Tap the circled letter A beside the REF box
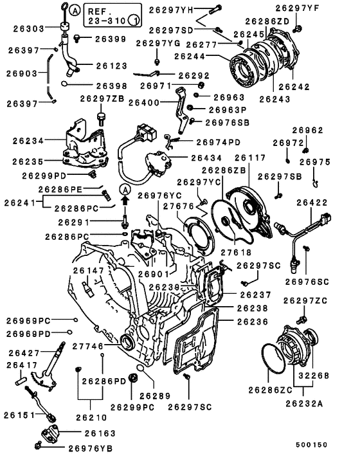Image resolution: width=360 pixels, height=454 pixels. click(75, 11)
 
